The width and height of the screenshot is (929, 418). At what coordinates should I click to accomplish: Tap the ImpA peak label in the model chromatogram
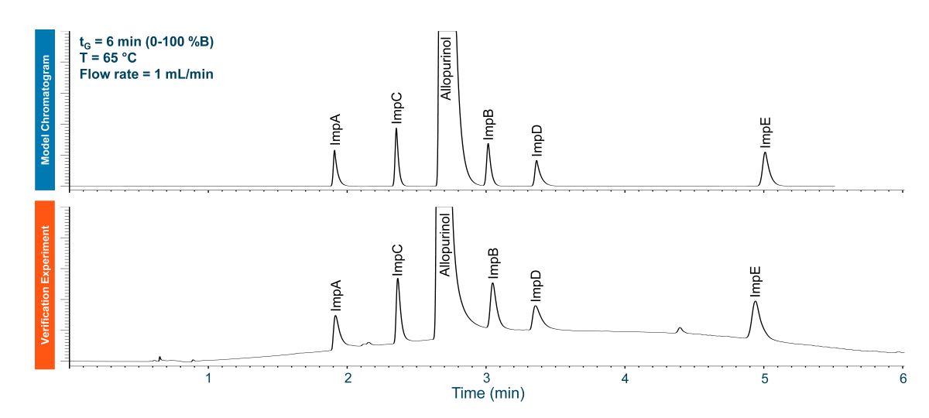tap(335, 129)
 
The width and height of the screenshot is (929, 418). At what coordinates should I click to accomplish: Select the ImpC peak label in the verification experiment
tap(398, 260)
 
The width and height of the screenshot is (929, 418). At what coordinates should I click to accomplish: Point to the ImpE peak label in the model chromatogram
tap(766, 132)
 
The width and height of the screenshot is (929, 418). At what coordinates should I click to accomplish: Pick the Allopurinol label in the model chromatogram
tap(445, 66)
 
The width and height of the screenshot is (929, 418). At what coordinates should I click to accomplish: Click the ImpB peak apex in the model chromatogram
tap(488, 144)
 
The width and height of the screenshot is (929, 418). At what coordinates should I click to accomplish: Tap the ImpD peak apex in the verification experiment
tap(535, 307)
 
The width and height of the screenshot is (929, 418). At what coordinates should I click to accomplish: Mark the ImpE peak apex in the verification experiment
tap(755, 302)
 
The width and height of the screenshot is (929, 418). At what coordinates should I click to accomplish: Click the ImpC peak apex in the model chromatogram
tap(396, 128)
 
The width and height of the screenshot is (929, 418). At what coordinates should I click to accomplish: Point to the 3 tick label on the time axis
tap(486, 379)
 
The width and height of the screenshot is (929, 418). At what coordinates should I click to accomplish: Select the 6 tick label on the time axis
tap(903, 379)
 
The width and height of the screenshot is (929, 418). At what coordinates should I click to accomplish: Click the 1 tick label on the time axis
tap(208, 379)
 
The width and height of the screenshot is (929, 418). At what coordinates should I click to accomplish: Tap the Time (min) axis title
tap(488, 394)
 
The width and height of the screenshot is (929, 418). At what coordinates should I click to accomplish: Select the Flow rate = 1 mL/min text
tap(146, 74)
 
